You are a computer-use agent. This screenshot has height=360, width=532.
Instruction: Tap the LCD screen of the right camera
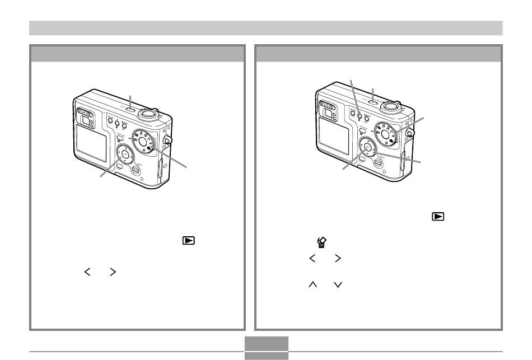point(334,134)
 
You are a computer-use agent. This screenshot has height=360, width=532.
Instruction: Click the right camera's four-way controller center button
point(367,147)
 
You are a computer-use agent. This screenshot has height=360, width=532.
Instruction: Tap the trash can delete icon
point(322,242)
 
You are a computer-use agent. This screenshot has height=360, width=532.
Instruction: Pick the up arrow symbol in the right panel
point(312,285)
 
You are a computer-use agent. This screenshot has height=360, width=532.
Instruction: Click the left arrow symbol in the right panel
point(312,258)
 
